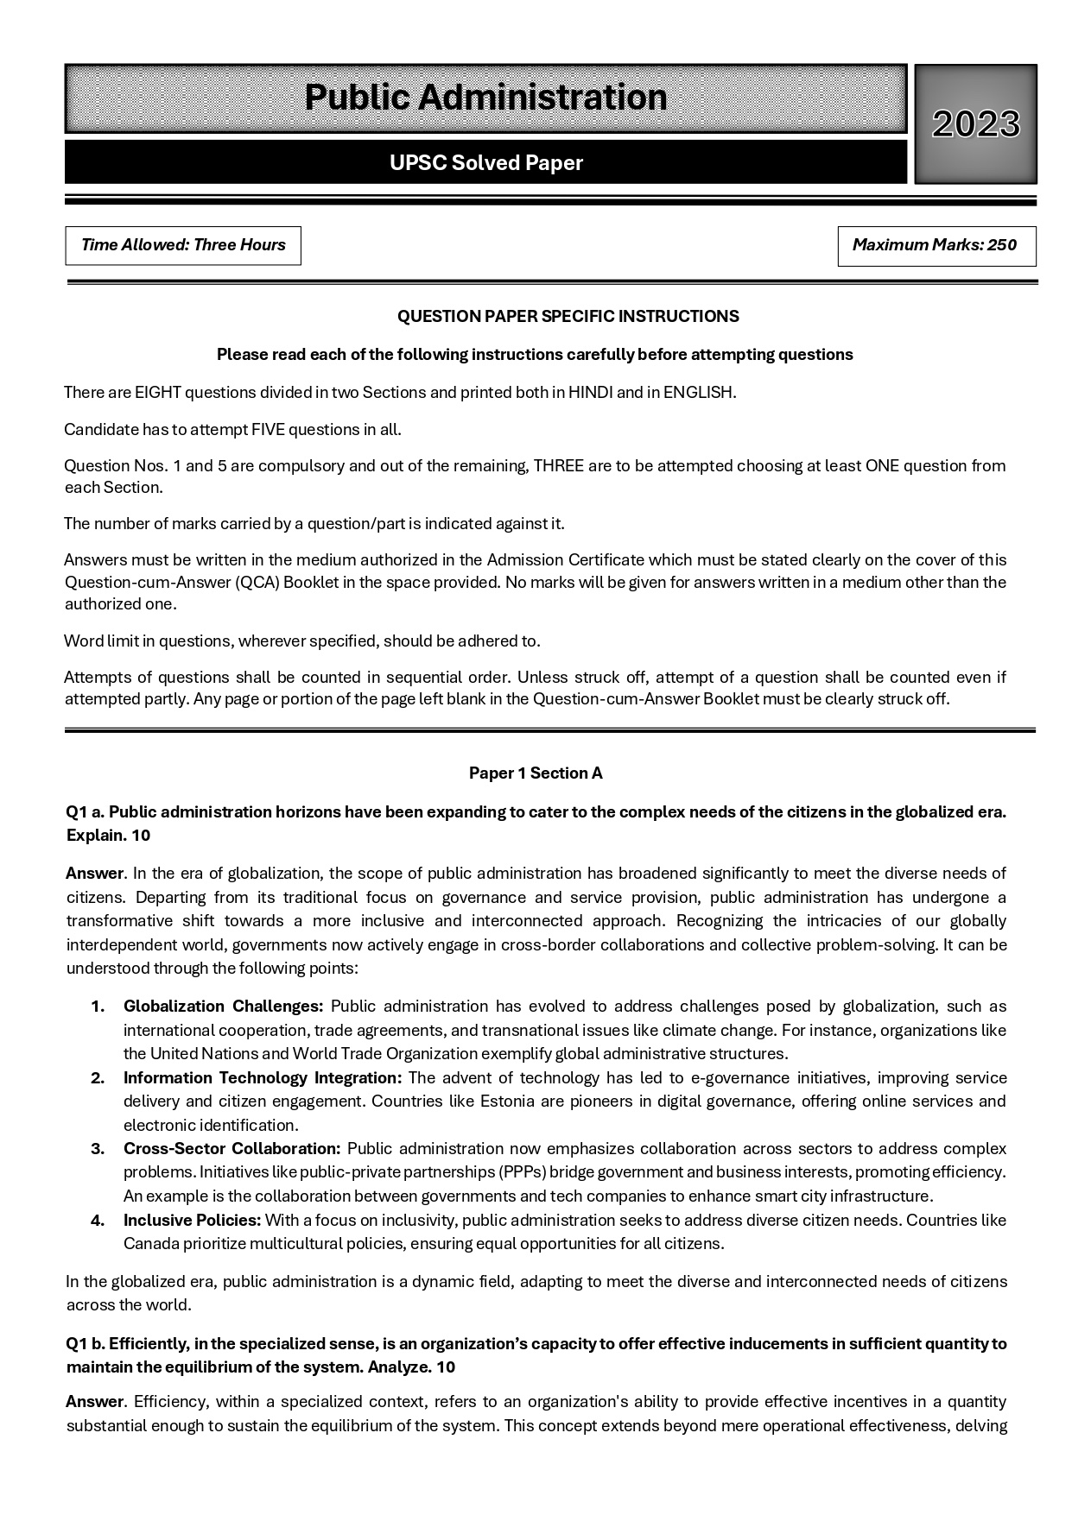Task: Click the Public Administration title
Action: pyautogui.click(x=485, y=98)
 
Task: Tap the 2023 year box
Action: pyautogui.click(x=975, y=124)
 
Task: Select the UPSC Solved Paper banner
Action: pyautogui.click(x=485, y=163)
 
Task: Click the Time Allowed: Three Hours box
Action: pyautogui.click(x=183, y=245)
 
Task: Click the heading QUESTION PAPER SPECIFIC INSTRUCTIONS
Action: pyautogui.click(x=568, y=317)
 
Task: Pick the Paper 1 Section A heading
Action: pyautogui.click(x=536, y=773)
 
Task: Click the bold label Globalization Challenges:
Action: pyautogui.click(x=223, y=1007)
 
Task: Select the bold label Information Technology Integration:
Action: pyautogui.click(x=263, y=1078)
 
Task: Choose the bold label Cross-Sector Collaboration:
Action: pyautogui.click(x=232, y=1149)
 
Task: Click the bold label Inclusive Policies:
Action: pyautogui.click(x=192, y=1221)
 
